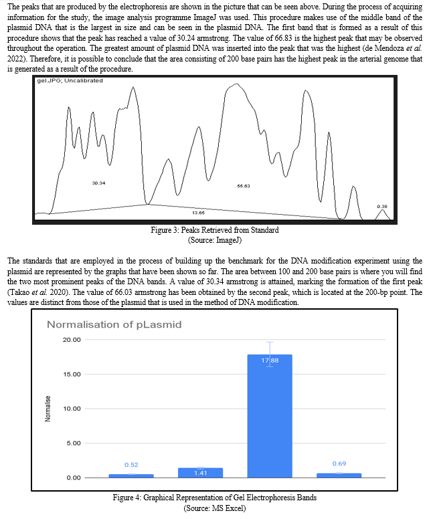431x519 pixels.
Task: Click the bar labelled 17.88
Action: pyautogui.click(x=270, y=415)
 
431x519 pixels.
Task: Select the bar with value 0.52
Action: pyautogui.click(x=131, y=476)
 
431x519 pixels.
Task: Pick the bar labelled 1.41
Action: pyautogui.click(x=200, y=472)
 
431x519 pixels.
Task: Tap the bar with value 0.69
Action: pyautogui.click(x=339, y=475)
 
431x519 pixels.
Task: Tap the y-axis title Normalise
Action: pyautogui.click(x=48, y=409)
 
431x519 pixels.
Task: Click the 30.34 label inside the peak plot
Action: pyautogui.click(x=98, y=182)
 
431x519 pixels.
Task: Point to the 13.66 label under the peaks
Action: pyautogui.click(x=198, y=212)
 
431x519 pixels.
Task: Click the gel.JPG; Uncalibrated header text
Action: pyautogui.click(x=70, y=80)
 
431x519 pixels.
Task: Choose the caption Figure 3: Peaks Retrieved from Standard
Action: pyautogui.click(x=214, y=230)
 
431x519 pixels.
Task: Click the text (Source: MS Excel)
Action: pyautogui.click(x=214, y=508)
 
